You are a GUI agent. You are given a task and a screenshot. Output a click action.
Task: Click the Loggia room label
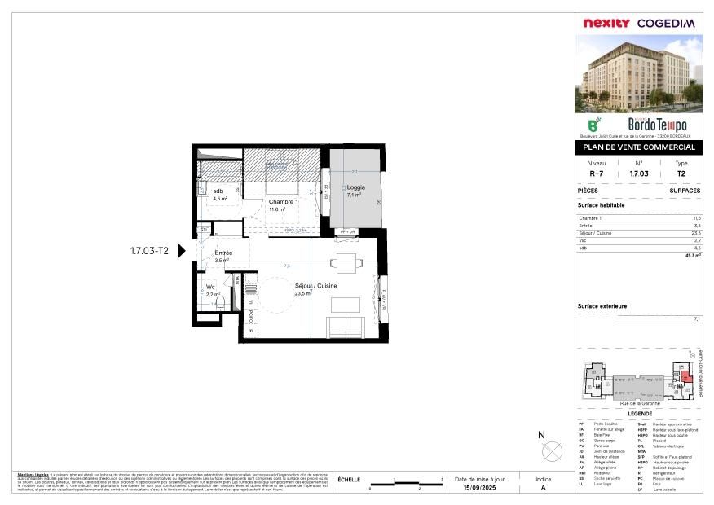tap(355, 187)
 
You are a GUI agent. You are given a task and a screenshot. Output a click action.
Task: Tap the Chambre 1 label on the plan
tap(284, 202)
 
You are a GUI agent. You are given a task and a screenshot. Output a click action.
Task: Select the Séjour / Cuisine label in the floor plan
tap(315, 286)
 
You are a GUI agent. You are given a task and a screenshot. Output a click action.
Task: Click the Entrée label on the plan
tap(223, 253)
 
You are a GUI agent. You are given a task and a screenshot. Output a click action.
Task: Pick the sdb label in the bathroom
tap(218, 191)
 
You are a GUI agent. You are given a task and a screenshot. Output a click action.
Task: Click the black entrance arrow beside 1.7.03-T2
tap(183, 251)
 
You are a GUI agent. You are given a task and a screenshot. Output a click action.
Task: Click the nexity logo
tap(605, 23)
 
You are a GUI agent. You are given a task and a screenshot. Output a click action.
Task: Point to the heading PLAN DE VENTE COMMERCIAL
tap(637, 147)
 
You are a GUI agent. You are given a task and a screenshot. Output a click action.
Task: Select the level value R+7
tap(596, 173)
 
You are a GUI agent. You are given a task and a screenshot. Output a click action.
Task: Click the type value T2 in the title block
tap(681, 173)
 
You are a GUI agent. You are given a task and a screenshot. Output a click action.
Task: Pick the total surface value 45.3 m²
tap(693, 255)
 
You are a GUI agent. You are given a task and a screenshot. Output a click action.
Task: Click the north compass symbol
tap(552, 449)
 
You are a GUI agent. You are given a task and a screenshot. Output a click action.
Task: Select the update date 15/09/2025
tap(480, 488)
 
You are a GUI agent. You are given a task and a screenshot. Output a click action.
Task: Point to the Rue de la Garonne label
tap(639, 403)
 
